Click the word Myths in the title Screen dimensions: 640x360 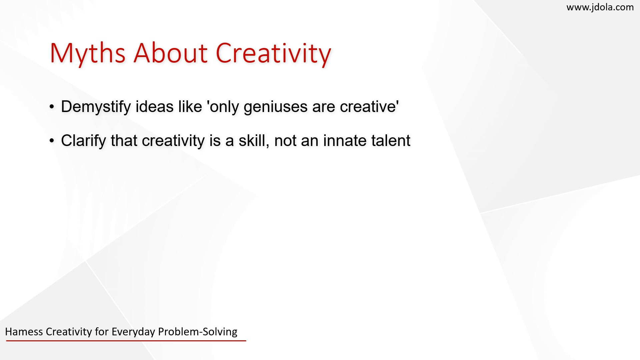tap(88, 54)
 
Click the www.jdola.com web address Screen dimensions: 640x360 tap(600, 7)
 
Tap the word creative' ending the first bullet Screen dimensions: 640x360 tap(370, 106)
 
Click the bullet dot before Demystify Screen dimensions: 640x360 tap(52, 107)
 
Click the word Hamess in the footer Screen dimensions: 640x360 tap(24, 332)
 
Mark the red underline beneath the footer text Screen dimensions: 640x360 tap(126, 341)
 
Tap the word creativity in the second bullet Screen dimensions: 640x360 tap(173, 141)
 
